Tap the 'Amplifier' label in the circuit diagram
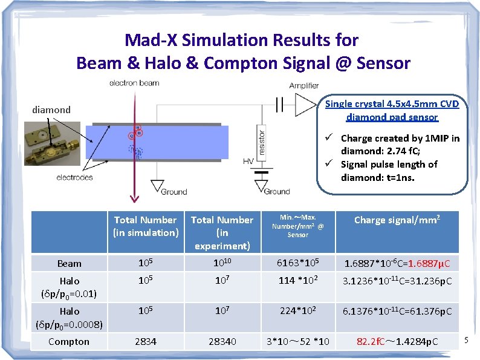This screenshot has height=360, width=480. [x=303, y=86]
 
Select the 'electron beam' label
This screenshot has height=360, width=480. [x=134, y=83]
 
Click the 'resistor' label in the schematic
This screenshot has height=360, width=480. [x=262, y=142]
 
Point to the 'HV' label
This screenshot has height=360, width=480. [x=247, y=162]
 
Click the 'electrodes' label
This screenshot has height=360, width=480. [x=75, y=177]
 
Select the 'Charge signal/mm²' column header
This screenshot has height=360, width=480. [x=397, y=220]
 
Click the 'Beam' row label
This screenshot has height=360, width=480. [x=70, y=264]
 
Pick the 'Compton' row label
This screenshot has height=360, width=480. [x=69, y=342]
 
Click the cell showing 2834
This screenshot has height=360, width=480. [x=145, y=342]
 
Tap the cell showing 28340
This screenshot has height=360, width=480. [x=222, y=342]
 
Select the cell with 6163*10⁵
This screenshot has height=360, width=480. [x=297, y=263]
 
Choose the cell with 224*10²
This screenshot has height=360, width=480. [x=297, y=311]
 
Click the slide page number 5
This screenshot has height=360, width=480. [x=466, y=342]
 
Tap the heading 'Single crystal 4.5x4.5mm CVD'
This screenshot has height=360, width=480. [x=392, y=104]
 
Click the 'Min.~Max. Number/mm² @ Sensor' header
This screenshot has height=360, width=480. [x=297, y=225]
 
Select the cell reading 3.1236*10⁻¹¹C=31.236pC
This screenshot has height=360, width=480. [x=397, y=281]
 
